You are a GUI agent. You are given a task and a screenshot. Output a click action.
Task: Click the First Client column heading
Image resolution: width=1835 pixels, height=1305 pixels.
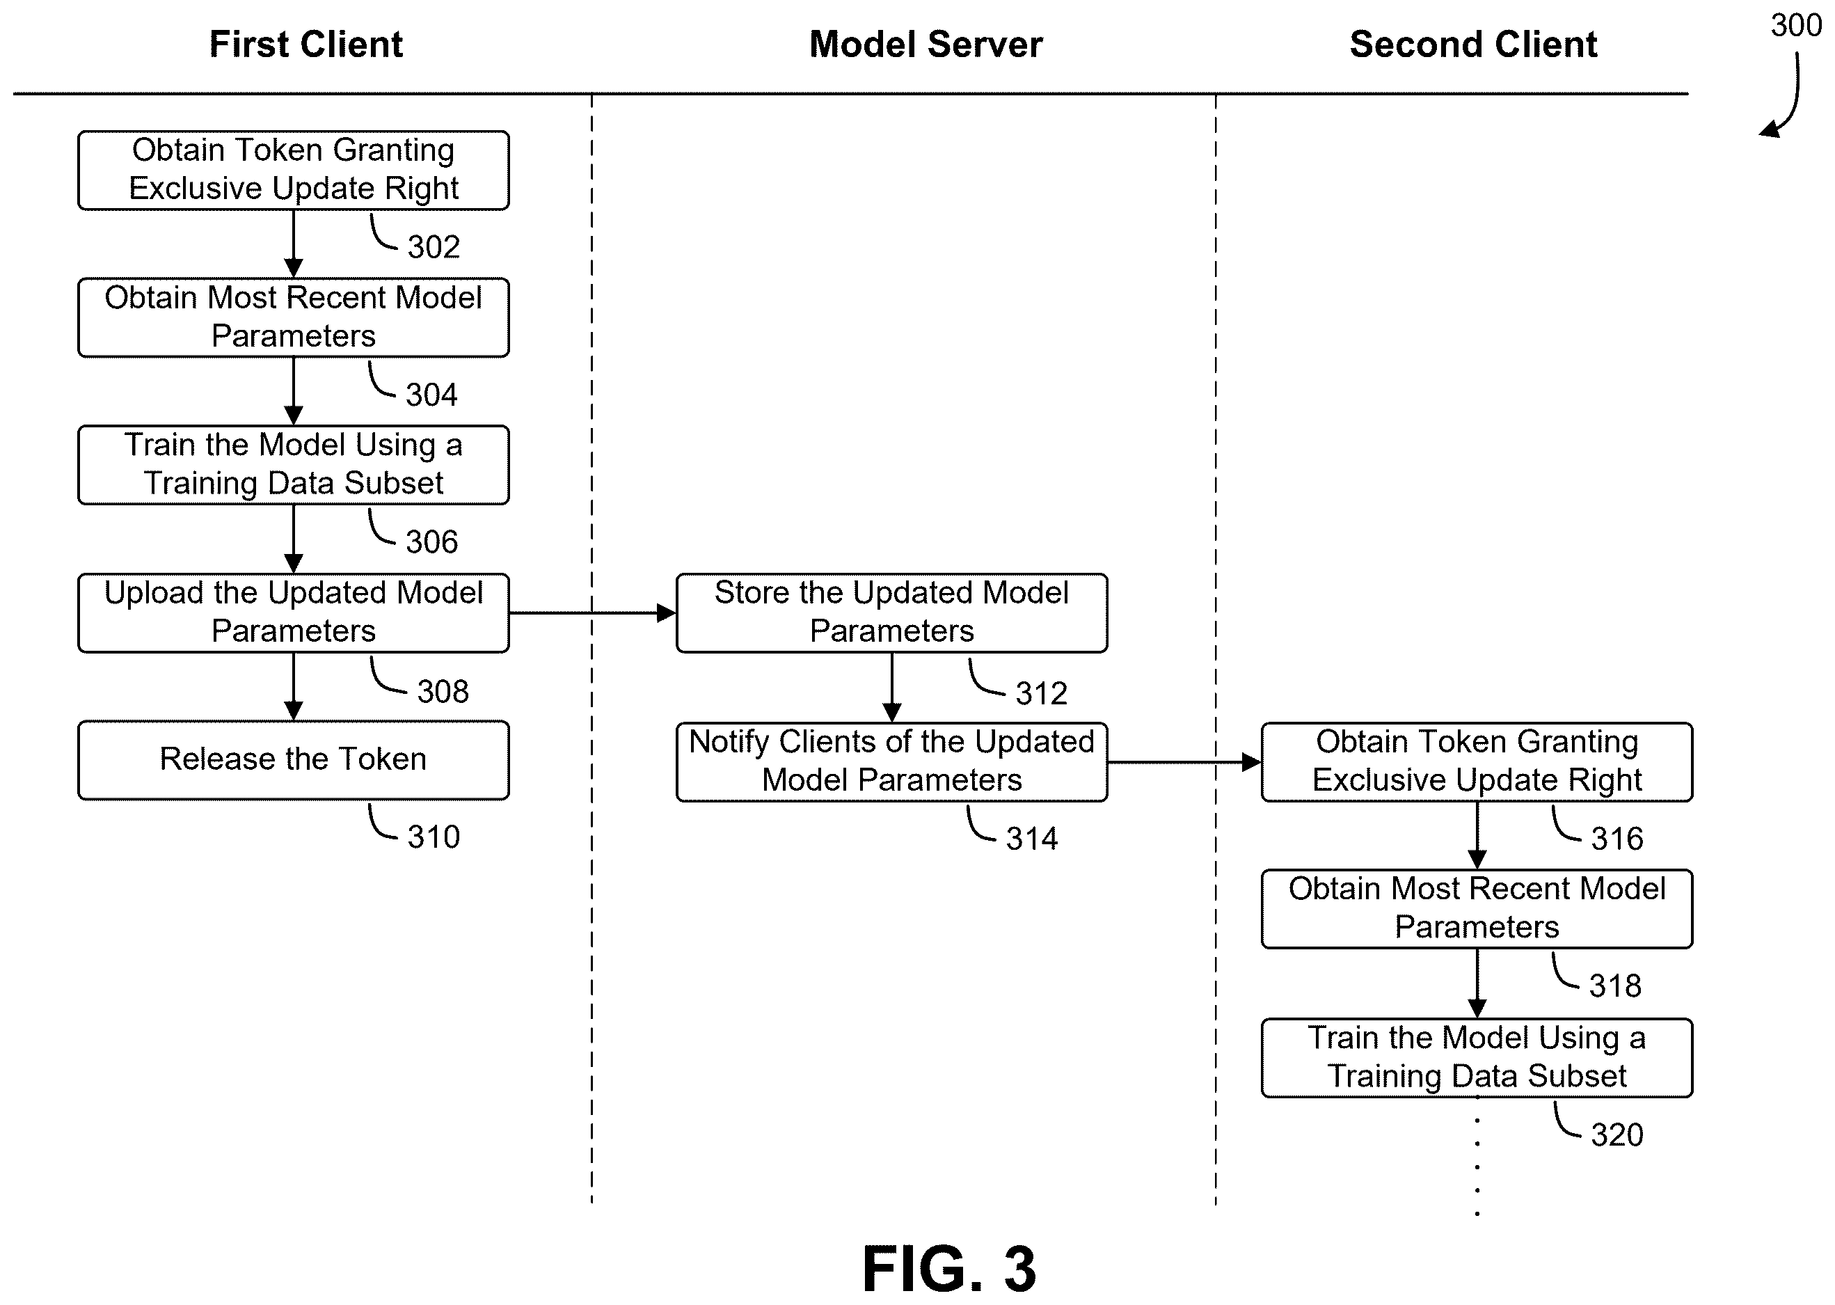tap(306, 45)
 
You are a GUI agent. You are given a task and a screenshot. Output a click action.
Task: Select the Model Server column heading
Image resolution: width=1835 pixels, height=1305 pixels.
tap(926, 45)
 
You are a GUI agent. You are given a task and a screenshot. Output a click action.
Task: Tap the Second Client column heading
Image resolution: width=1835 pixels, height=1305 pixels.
tap(1473, 45)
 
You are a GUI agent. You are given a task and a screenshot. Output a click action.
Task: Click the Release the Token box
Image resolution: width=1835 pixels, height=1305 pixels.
tap(293, 760)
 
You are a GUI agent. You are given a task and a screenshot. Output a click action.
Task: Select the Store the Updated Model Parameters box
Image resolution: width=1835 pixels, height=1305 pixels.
tap(892, 612)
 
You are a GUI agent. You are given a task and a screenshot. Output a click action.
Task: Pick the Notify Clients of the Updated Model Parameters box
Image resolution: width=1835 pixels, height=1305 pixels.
tap(892, 762)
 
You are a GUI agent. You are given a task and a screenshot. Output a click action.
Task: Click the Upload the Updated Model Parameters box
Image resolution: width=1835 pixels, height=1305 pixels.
tap(293, 612)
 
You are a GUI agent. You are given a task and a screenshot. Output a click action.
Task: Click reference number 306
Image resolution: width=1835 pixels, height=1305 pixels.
tap(432, 542)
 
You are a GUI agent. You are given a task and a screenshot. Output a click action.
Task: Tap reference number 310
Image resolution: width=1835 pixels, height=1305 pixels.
tap(434, 837)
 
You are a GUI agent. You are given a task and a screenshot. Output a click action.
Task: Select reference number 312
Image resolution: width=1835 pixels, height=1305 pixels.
tap(1042, 693)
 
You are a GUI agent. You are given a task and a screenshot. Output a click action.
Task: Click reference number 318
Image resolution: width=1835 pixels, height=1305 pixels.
tap(1616, 986)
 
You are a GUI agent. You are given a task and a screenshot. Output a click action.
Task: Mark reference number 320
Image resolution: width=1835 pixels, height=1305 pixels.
tap(1617, 1134)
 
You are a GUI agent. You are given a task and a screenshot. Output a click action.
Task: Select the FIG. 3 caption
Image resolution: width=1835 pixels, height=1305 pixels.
tap(950, 1269)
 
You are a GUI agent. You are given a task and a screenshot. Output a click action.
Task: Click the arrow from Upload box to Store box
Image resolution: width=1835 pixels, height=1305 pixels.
tap(593, 613)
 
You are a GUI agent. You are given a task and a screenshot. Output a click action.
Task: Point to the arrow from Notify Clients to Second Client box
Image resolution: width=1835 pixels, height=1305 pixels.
tap(1184, 762)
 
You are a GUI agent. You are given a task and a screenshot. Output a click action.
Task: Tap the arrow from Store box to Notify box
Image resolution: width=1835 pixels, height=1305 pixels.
tap(892, 687)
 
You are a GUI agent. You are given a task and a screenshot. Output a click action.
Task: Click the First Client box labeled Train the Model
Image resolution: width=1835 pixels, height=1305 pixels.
tap(293, 465)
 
